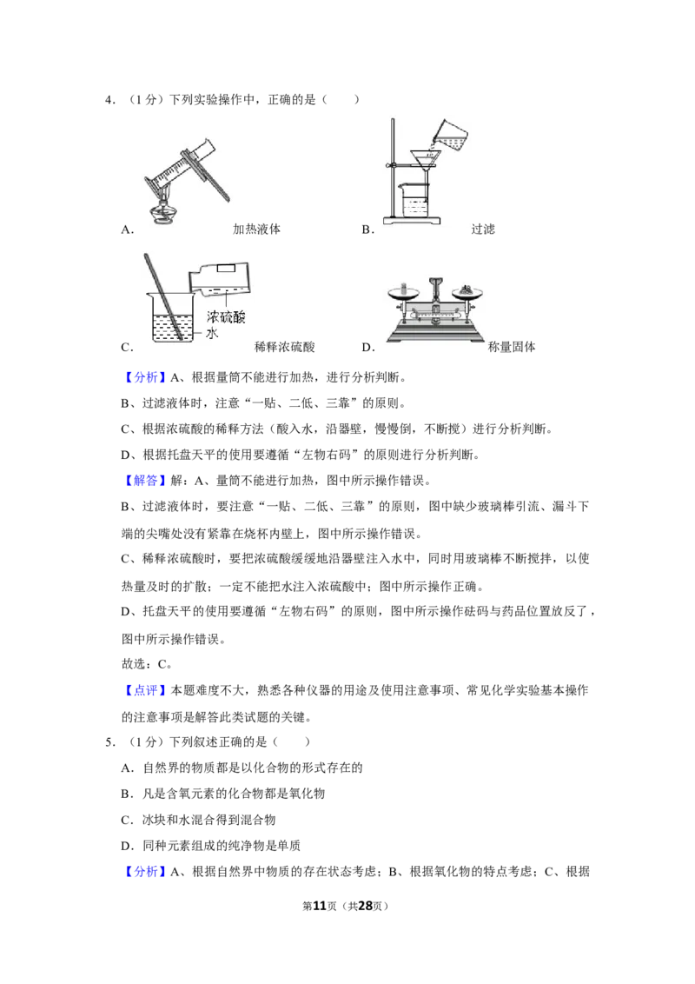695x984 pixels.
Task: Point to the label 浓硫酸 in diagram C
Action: click(x=226, y=316)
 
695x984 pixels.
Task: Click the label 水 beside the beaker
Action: click(x=212, y=333)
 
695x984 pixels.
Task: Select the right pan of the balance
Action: click(x=467, y=291)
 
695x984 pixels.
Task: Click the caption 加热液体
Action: click(x=256, y=229)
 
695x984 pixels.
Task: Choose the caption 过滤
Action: click(x=483, y=229)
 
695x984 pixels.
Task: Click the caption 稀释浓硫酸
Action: click(x=284, y=347)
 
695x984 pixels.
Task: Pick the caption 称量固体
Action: click(x=512, y=347)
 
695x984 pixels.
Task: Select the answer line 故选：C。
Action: click(x=147, y=664)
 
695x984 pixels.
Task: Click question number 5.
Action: click(x=110, y=741)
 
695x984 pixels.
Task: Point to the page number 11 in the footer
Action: click(x=320, y=906)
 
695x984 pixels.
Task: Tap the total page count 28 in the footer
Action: click(x=365, y=906)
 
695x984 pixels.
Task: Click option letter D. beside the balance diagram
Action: click(x=368, y=347)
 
